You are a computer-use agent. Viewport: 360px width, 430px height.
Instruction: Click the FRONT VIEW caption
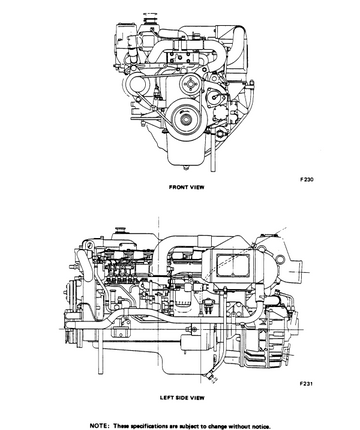coord(187,187)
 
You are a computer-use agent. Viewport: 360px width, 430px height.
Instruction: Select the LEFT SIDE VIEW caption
coord(182,398)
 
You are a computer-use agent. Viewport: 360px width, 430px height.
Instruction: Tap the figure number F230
coord(307,180)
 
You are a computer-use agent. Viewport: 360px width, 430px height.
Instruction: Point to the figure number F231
coord(306,383)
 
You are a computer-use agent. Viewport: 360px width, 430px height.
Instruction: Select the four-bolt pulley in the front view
coord(190,83)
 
